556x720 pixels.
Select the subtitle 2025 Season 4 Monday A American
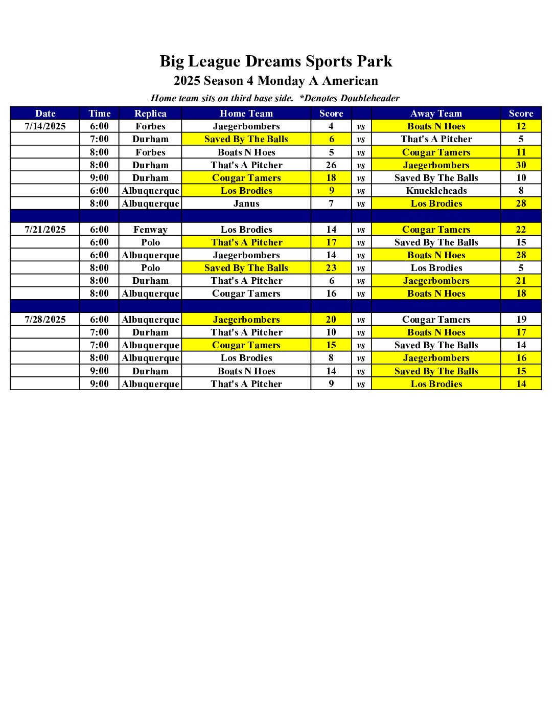(276, 81)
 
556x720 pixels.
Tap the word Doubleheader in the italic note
(369, 98)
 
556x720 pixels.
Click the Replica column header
(150, 114)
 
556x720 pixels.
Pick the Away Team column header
(436, 114)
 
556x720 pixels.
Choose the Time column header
(99, 114)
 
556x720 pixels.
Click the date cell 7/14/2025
(45, 126)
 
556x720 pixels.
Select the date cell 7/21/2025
(45, 230)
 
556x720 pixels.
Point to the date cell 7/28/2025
(45, 320)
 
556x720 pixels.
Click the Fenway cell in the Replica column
(150, 230)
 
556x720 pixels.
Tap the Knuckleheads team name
(436, 191)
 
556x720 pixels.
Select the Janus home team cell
(246, 204)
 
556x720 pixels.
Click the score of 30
(521, 165)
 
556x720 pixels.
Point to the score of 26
(331, 165)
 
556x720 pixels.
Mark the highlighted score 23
(331, 268)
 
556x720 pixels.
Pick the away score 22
(521, 230)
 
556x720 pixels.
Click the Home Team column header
(246, 114)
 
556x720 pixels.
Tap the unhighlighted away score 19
(521, 320)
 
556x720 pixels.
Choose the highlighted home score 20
(331, 320)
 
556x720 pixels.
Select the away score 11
(521, 152)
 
